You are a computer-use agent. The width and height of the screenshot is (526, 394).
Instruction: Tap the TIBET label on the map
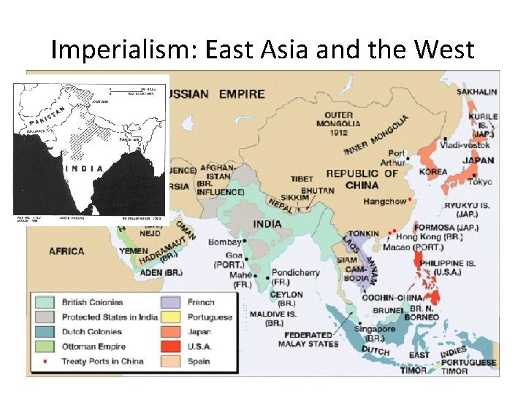(302, 179)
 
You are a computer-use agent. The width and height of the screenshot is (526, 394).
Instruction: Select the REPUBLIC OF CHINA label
(362, 179)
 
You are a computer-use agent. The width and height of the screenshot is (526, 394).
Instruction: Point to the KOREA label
(433, 172)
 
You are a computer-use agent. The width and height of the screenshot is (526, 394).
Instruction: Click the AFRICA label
(66, 251)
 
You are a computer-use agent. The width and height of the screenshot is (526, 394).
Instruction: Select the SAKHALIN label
(476, 92)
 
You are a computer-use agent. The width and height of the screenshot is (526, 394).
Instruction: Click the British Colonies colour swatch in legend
(46, 302)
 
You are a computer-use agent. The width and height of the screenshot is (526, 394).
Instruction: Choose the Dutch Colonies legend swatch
(46, 332)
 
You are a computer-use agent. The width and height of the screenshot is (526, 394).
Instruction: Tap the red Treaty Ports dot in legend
(46, 361)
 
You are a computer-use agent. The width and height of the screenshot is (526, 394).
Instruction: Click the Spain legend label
(199, 361)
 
